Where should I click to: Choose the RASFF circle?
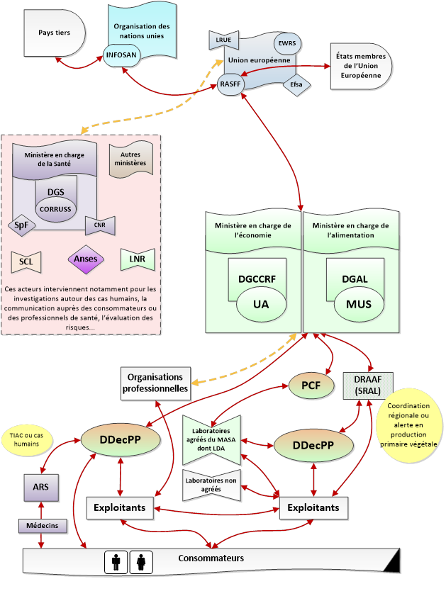(230, 84)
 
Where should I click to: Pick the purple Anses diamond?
(86, 259)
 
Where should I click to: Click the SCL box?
(26, 262)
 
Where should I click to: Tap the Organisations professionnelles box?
(155, 382)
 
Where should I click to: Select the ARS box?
(40, 488)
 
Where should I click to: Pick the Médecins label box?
(43, 526)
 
